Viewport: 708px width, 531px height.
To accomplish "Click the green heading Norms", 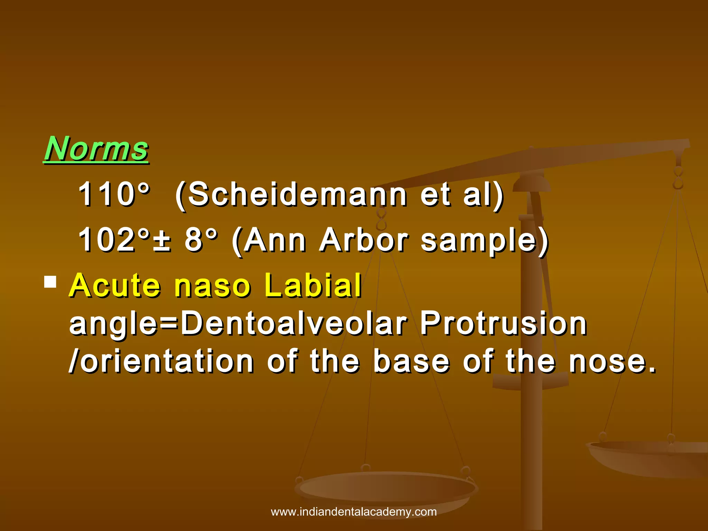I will point(96,149).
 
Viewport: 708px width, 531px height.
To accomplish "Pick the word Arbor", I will point(364,240).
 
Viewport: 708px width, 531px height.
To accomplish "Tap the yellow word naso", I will point(212,286).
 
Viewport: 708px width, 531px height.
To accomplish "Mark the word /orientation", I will point(161,362).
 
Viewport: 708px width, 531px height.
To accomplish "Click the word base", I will point(411,362).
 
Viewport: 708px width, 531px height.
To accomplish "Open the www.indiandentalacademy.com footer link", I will point(354,512).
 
